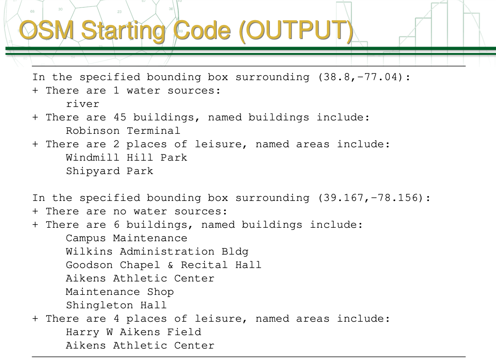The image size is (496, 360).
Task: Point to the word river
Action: [83, 104]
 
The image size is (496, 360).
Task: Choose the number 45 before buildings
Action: [120, 117]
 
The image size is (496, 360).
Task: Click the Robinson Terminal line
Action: [123, 131]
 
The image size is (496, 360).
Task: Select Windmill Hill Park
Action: [126, 157]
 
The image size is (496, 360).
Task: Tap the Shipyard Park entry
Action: [109, 171]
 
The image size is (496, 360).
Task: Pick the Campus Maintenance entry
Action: [126, 238]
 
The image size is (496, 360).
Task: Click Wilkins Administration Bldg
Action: [157, 251]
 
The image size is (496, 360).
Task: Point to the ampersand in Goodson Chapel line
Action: [170, 265]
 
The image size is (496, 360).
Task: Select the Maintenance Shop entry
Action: [120, 292]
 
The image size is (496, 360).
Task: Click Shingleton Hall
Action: [116, 305]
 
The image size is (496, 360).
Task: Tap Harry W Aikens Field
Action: [133, 332]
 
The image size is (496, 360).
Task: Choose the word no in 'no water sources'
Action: [120, 211]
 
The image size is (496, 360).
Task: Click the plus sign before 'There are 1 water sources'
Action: [36, 90]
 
